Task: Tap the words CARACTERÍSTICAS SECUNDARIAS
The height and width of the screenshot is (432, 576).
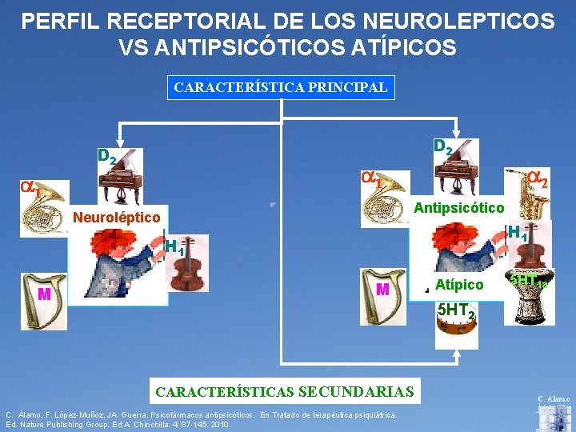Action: [x=285, y=391]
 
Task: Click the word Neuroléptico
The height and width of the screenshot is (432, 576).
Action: [x=117, y=218]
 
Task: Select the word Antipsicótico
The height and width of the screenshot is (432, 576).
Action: [x=458, y=208]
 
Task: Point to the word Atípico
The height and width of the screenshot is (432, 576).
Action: [x=459, y=285]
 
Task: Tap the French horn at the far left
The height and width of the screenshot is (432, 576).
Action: [x=43, y=206]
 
